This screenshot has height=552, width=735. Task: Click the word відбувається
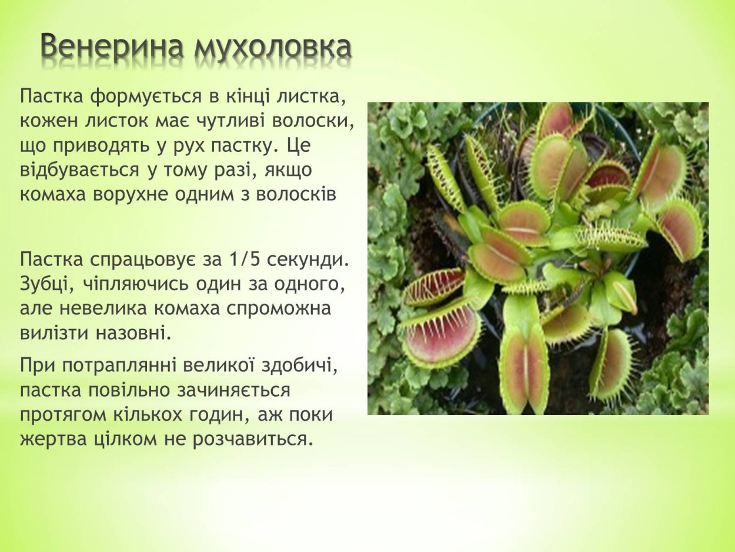(78, 169)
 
